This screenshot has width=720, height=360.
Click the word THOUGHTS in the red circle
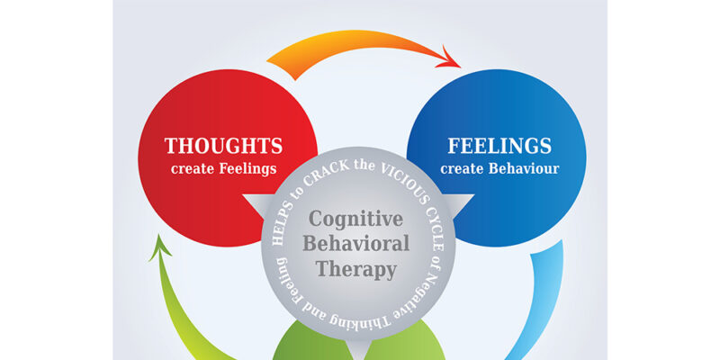tap(223, 146)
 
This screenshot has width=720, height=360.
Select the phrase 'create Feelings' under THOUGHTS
tap(223, 168)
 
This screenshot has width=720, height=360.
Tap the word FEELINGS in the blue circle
tap(499, 146)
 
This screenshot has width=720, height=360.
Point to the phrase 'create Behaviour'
tap(499, 168)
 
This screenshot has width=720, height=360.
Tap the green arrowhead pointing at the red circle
tap(162, 246)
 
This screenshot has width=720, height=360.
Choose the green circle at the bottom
tap(360, 346)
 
